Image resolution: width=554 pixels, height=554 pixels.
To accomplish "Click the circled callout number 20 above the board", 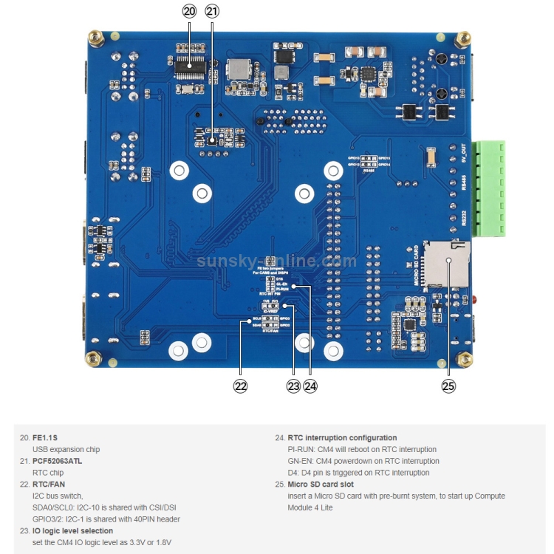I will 189,11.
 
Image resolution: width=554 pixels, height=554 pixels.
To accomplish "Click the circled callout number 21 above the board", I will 212,11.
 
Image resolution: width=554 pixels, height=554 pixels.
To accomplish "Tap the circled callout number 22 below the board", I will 240,386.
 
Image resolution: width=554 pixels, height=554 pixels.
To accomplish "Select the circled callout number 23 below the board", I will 294,386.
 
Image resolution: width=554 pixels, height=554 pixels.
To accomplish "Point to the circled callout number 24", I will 310,386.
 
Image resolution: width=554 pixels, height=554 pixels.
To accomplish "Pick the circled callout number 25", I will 448,386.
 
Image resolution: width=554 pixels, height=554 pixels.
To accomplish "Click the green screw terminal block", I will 488,188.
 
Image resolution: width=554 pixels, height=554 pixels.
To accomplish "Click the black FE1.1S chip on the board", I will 190,66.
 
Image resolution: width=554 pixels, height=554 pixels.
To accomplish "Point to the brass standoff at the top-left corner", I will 95,37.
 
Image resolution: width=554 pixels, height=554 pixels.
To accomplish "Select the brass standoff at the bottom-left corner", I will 95,358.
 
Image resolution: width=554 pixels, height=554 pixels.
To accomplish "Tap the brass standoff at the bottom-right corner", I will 465,359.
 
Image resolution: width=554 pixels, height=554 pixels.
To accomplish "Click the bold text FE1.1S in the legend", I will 46,437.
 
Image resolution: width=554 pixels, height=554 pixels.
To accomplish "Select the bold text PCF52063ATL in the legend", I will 58,461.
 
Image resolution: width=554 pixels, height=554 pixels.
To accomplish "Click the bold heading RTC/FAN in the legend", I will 49,484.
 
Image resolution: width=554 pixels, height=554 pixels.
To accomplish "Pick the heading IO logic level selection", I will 72,530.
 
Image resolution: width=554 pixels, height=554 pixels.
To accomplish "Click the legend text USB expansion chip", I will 66,449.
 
